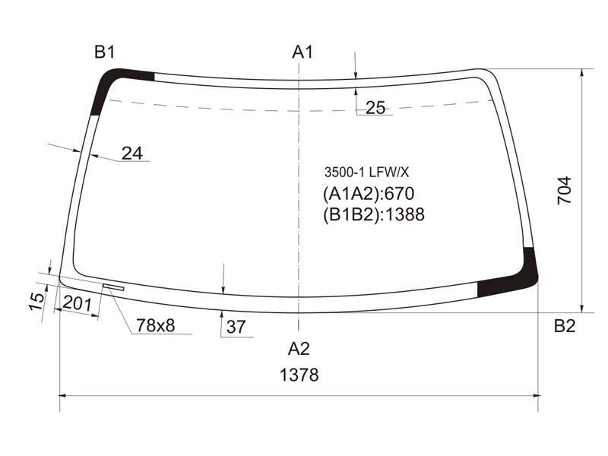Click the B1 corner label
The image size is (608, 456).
105,52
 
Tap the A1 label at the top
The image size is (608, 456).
302,52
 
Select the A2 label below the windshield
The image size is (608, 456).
299,349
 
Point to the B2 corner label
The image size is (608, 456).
565,326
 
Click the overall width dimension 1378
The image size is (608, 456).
299,375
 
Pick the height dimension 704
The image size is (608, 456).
564,190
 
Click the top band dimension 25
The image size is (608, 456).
375,108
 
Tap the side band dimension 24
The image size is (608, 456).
132,154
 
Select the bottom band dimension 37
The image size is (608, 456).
236,327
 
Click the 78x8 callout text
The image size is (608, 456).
156,326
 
